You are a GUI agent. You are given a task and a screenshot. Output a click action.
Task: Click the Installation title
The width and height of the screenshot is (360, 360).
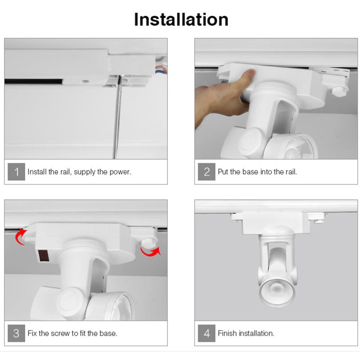pyautogui.click(x=181, y=19)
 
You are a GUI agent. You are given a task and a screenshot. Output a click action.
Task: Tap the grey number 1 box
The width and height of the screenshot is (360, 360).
pyautogui.click(x=16, y=172)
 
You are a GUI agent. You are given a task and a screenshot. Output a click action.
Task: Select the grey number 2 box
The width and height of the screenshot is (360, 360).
pyautogui.click(x=207, y=172)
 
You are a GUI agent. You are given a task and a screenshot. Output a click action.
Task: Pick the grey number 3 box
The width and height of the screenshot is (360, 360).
pyautogui.click(x=16, y=333)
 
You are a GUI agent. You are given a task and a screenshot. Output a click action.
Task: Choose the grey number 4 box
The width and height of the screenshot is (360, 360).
pyautogui.click(x=207, y=333)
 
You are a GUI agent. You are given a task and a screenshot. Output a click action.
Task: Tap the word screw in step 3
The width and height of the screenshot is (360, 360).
pyautogui.click(x=60, y=333)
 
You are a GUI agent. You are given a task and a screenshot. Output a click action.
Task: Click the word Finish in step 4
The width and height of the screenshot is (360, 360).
pyautogui.click(x=227, y=333)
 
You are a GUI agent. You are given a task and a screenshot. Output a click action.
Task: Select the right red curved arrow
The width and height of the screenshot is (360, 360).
pyautogui.click(x=150, y=252)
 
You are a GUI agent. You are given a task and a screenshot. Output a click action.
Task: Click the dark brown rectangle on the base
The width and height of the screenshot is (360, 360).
pyautogui.click(x=43, y=255)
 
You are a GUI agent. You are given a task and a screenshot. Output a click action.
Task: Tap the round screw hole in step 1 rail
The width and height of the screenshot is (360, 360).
pyautogui.click(x=85, y=81)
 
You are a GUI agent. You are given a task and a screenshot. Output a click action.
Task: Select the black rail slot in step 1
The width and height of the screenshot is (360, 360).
pyautogui.click(x=33, y=81)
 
